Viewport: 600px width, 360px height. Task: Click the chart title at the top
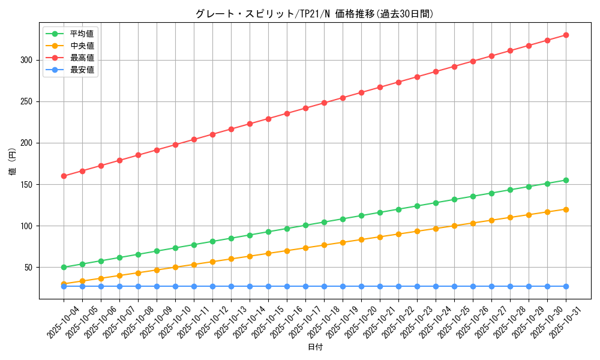(x=314, y=14)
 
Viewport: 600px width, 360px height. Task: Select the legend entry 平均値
(x=82, y=34)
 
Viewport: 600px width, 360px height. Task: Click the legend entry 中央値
(x=82, y=46)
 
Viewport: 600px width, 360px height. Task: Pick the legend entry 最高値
(x=82, y=58)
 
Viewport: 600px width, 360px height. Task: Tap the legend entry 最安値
(x=82, y=70)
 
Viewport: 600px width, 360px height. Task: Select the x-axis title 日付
(x=315, y=347)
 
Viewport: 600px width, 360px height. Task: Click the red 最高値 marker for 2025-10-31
(x=566, y=35)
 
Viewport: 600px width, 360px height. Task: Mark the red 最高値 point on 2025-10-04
(x=64, y=176)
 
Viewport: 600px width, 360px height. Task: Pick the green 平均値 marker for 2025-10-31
(x=566, y=180)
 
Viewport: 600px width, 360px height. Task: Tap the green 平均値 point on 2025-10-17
(x=305, y=225)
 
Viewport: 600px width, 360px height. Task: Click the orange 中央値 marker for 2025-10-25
(x=454, y=226)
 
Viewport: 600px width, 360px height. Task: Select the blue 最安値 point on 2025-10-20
(x=361, y=286)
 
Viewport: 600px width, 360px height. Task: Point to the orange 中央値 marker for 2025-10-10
(x=175, y=267)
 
